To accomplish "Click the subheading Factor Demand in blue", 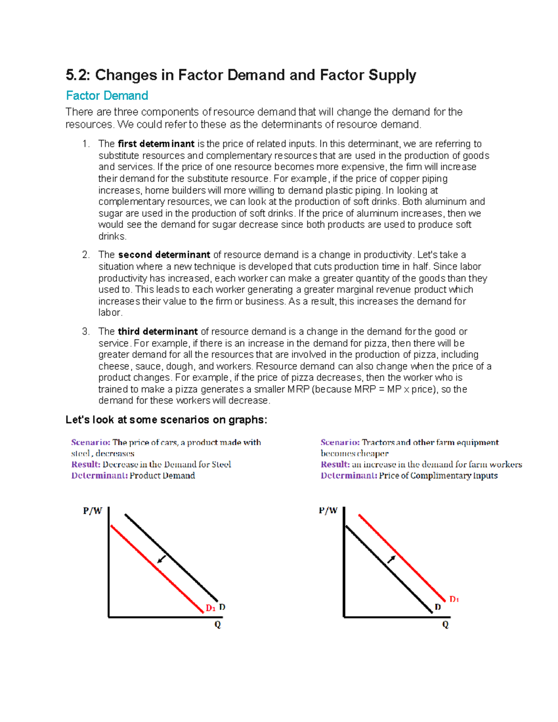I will [x=107, y=96].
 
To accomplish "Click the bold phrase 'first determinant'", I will [x=156, y=144].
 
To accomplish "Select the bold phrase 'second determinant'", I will [x=164, y=255].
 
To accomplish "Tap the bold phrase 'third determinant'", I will [x=158, y=331].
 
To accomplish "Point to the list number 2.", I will [x=86, y=255].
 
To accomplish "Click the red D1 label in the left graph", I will [x=211, y=608].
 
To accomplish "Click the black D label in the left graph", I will [x=222, y=607].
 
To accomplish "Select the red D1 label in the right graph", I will [x=454, y=599].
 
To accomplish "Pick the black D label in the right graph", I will [x=438, y=607].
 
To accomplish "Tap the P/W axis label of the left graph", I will [x=93, y=511].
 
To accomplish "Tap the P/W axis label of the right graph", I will [x=328, y=510].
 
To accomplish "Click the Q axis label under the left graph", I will [x=218, y=625].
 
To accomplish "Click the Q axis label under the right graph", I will [x=445, y=625].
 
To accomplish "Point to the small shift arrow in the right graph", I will [x=392, y=559].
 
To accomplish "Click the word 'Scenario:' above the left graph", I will [x=91, y=443].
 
